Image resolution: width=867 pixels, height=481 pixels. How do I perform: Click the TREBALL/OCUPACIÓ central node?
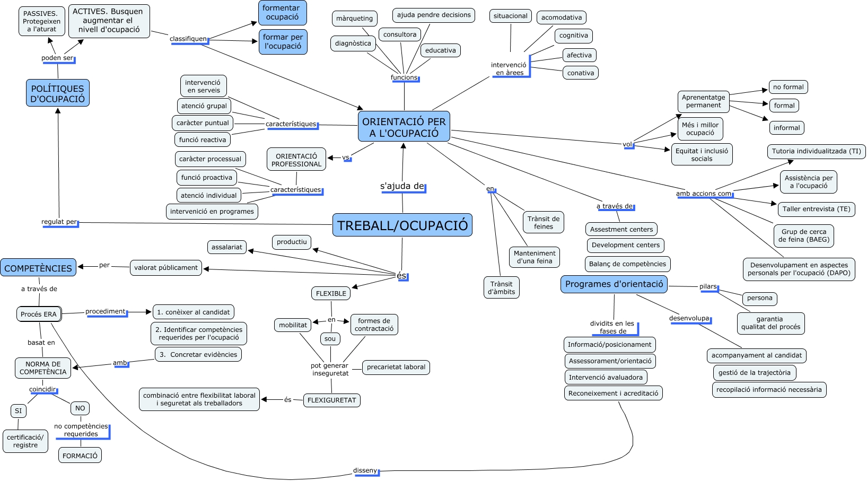click(402, 225)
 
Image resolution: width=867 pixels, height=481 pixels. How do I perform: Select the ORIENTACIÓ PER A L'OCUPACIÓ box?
click(404, 127)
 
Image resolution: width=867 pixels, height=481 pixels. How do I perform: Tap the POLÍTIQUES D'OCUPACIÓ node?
click(57, 93)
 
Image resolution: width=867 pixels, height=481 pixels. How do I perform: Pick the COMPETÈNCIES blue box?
click(38, 268)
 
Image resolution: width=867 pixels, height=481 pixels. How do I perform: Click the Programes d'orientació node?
click(614, 284)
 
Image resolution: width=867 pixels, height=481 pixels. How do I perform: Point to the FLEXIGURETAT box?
click(332, 400)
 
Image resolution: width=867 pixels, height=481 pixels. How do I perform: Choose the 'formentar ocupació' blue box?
click(282, 13)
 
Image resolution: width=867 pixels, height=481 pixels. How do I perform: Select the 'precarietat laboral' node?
click(396, 367)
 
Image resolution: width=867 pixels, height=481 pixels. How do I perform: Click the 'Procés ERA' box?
click(39, 314)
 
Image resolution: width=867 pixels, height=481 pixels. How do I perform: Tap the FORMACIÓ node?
click(80, 456)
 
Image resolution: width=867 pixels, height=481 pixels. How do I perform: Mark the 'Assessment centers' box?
click(621, 229)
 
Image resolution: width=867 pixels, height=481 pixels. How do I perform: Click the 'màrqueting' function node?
click(355, 19)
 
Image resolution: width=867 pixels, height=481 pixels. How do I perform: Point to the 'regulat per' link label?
click(59, 222)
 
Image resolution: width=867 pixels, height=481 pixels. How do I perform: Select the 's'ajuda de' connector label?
click(402, 186)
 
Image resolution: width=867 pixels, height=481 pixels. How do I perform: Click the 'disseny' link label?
click(365, 470)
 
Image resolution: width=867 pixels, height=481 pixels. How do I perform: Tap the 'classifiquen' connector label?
click(188, 39)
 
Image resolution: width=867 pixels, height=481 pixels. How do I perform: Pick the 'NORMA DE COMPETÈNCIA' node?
click(43, 368)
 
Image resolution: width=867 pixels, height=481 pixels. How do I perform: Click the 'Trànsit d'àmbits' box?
click(502, 287)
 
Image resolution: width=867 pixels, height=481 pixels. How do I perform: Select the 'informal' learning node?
click(786, 128)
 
